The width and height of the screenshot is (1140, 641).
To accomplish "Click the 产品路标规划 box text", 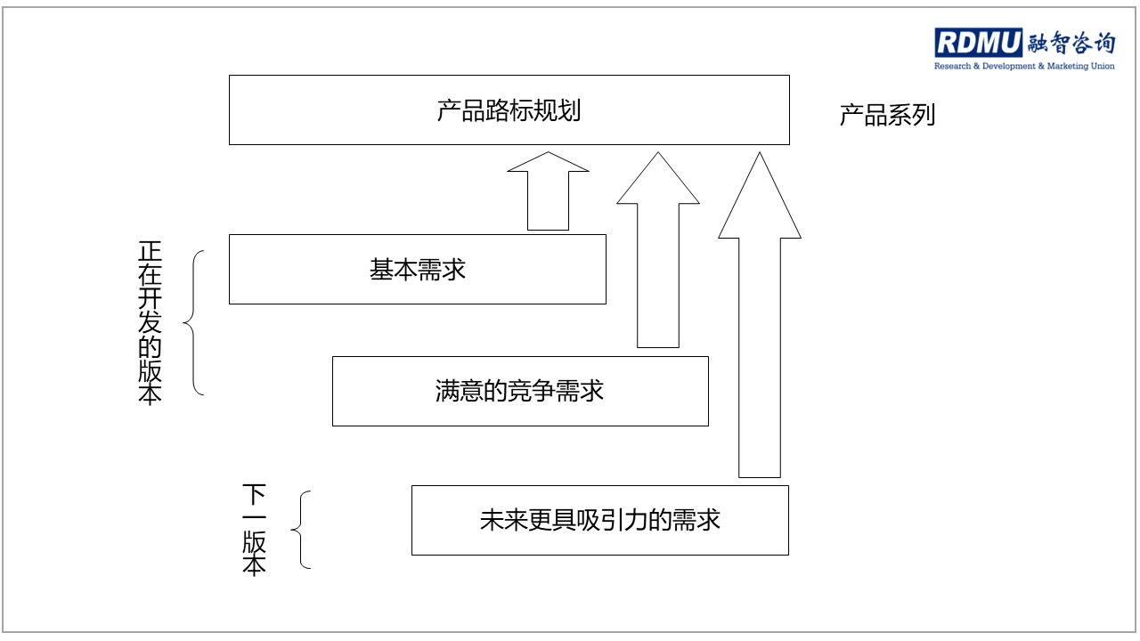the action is tap(509, 110).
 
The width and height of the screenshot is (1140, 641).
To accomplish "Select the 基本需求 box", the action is tap(418, 269).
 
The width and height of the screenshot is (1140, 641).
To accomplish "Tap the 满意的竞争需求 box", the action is tap(520, 391).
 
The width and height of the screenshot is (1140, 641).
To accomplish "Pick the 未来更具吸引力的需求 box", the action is tap(600, 521).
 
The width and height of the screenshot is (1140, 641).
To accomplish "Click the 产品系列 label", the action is tap(887, 115).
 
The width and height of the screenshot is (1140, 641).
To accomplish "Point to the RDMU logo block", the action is tap(978, 42).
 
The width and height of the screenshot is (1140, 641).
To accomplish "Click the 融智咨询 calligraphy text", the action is tap(1071, 43).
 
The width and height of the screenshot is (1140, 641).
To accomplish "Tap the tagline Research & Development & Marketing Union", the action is tap(1024, 66).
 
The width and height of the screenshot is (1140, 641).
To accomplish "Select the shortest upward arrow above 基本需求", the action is tap(548, 191).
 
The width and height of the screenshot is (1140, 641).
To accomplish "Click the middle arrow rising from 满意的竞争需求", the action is tap(658, 250).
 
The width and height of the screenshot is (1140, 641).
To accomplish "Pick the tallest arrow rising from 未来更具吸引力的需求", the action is tap(760, 315).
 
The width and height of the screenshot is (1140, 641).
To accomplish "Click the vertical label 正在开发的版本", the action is tap(150, 322).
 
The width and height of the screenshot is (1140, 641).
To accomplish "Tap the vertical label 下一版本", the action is tap(254, 530).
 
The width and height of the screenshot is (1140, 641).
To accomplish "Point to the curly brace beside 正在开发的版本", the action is tap(194, 322).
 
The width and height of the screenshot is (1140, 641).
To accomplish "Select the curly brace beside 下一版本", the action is tap(301, 530).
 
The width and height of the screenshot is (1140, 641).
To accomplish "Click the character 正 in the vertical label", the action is tap(150, 251).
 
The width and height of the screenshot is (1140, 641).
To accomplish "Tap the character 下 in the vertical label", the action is tap(254, 494).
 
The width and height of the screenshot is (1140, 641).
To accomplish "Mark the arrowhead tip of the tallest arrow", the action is tap(760, 152).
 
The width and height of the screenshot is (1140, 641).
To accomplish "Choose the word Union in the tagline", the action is tap(1103, 66).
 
